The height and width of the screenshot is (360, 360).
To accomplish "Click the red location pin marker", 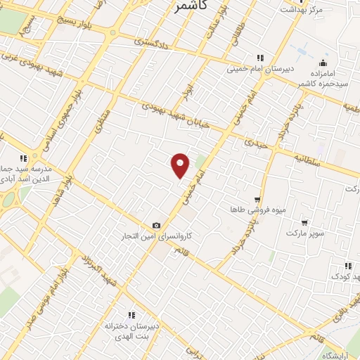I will (181, 165).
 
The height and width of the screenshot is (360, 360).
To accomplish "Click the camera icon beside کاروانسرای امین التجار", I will (156, 226).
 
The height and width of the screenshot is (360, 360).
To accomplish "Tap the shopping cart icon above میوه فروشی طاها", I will (257, 200).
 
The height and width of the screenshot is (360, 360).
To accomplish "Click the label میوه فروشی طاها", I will (257, 210).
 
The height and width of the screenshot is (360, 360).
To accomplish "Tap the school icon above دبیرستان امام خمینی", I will (259, 58).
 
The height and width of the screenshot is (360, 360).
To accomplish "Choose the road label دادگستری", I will (151, 42).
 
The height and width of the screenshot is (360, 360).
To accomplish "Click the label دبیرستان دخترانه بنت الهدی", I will (129, 330).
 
